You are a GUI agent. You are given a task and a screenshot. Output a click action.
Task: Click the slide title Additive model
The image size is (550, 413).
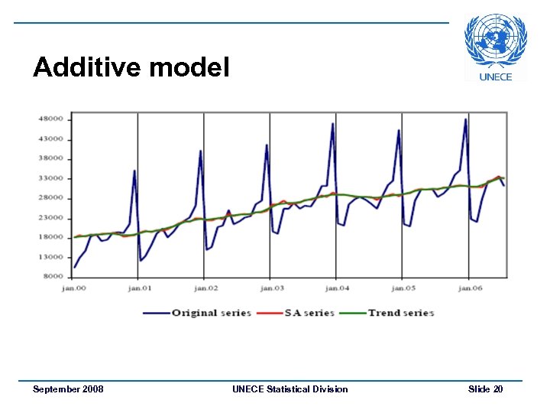[131, 68]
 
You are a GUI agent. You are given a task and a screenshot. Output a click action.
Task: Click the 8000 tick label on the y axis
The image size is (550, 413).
[53, 276]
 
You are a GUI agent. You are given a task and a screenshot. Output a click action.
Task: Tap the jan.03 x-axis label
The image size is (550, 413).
[270, 289]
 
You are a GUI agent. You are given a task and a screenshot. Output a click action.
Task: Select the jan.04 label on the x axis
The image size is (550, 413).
[336, 289]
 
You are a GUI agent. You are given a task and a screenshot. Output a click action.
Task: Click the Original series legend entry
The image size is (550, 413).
[197, 313]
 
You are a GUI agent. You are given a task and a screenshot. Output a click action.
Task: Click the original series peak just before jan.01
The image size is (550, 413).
[134, 171]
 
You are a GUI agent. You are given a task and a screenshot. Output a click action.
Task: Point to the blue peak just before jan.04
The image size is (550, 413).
[332, 123]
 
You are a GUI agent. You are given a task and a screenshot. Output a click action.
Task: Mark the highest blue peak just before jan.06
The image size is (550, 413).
[465, 119]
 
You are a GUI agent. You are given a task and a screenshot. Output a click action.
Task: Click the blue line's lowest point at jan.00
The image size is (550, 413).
[74, 267]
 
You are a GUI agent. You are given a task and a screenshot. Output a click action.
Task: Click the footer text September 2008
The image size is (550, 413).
[68, 389]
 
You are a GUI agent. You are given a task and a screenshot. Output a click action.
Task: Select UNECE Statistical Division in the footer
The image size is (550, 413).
[290, 389]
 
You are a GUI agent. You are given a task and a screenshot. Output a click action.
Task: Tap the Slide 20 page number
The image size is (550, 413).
[485, 389]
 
